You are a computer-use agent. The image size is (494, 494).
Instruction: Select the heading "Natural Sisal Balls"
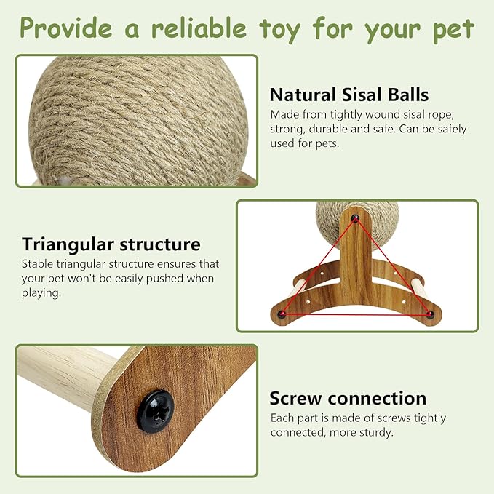[x=348, y=95]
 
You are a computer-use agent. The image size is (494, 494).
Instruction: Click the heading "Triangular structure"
[x=111, y=244]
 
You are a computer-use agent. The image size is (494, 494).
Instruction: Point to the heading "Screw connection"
[x=348, y=398]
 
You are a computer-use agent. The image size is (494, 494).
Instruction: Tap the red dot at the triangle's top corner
[x=355, y=218]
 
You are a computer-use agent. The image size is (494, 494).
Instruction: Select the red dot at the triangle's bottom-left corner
[x=280, y=314]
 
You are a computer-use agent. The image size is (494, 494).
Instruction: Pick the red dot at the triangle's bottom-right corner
[x=429, y=314]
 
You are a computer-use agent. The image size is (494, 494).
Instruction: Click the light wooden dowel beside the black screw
[x=62, y=378]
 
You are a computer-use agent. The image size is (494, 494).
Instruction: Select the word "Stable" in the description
[x=37, y=263]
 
